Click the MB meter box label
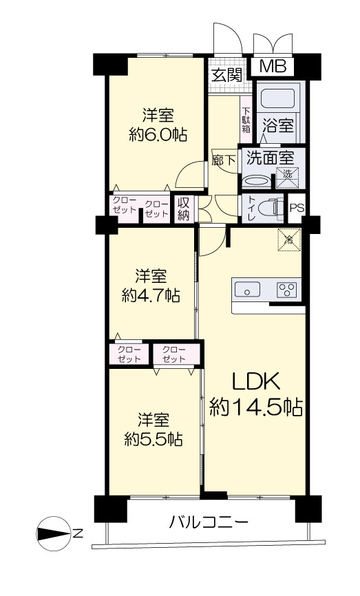pos(273,67)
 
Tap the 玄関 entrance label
pos(227,75)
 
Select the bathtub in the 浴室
pos(279,98)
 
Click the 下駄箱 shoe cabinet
pos(246,120)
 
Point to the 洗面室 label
pos(270,158)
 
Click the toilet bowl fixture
pos(271,208)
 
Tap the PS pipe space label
pos(297,209)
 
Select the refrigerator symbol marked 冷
pos(289,240)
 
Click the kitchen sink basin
pos(247,289)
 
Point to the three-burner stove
pos(287,290)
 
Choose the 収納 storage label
pos(184,209)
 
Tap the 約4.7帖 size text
pos(151,295)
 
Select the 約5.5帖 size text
pos(153,439)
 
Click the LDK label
pos(256,382)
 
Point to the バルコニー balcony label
pos(209,522)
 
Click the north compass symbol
pos(54,533)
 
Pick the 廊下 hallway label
pos(224,160)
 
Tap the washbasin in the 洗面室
pos(256,181)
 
